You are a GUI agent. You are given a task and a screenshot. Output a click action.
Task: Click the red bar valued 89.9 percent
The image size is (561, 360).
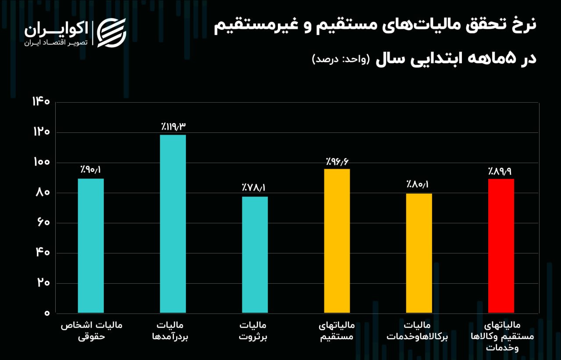coord(501,246)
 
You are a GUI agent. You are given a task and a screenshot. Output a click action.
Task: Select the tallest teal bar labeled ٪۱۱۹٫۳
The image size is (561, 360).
coord(173,224)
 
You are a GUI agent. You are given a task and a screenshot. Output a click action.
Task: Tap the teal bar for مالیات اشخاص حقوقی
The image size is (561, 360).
coord(91,246)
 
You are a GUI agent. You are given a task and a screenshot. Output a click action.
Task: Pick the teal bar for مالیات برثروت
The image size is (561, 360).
coord(255,255)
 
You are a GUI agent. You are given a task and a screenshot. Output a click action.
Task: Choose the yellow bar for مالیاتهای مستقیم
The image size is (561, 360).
coord(337,241)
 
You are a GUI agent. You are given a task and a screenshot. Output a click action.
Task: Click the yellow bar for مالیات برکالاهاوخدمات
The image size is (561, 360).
coord(419,253)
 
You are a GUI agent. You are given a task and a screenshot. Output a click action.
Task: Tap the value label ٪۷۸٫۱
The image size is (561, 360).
coord(254,188)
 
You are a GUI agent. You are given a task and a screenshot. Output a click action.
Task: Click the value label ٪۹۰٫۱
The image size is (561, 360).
coord(91,170)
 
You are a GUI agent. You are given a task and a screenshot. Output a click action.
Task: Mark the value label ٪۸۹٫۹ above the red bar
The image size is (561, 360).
coord(501,171)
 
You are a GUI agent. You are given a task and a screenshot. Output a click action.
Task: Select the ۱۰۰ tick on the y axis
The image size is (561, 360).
coord(42,163)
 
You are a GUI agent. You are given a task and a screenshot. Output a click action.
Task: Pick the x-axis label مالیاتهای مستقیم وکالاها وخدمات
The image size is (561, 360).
coord(503,336)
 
